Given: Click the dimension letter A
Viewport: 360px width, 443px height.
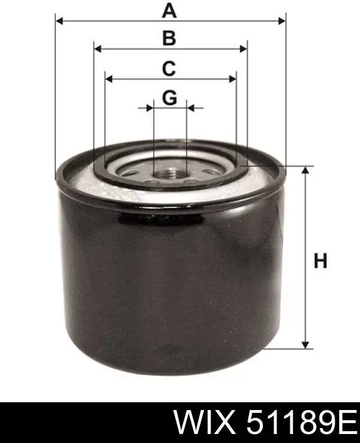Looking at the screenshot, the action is [x=169, y=11].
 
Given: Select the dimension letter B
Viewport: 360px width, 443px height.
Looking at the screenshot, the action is [x=169, y=38].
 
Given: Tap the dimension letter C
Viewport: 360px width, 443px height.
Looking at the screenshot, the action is [x=169, y=68].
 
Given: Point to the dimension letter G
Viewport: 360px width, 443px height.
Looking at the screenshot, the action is [x=170, y=98].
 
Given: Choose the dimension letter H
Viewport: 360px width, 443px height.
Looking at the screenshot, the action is [x=320, y=261].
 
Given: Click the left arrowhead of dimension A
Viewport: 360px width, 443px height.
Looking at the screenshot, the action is [x=59, y=21].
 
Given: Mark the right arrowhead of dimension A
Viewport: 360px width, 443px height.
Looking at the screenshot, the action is [x=282, y=21].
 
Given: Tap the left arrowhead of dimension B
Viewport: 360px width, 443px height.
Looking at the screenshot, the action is [x=98, y=49].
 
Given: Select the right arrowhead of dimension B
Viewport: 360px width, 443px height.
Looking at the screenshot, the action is [x=243, y=49].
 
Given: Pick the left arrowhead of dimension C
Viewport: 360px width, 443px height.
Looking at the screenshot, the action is [x=109, y=79].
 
